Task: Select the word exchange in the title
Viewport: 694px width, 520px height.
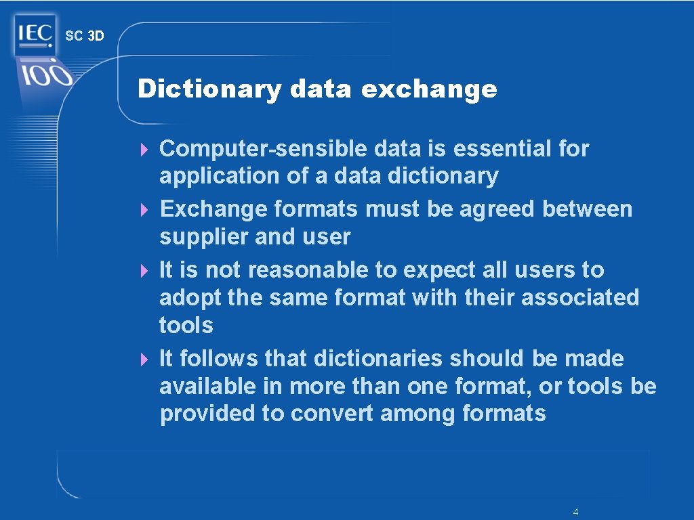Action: (x=429, y=89)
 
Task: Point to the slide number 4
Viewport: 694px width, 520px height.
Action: (x=575, y=512)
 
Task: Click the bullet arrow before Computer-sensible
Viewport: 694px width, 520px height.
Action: (x=144, y=148)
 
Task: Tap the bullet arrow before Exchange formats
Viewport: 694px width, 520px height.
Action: (x=144, y=209)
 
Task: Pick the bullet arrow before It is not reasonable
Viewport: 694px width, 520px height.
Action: (x=144, y=270)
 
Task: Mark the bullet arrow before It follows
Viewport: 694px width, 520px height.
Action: (x=144, y=359)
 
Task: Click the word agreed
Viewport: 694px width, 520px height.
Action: (x=497, y=209)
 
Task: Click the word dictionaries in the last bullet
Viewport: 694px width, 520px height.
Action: (x=378, y=358)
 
